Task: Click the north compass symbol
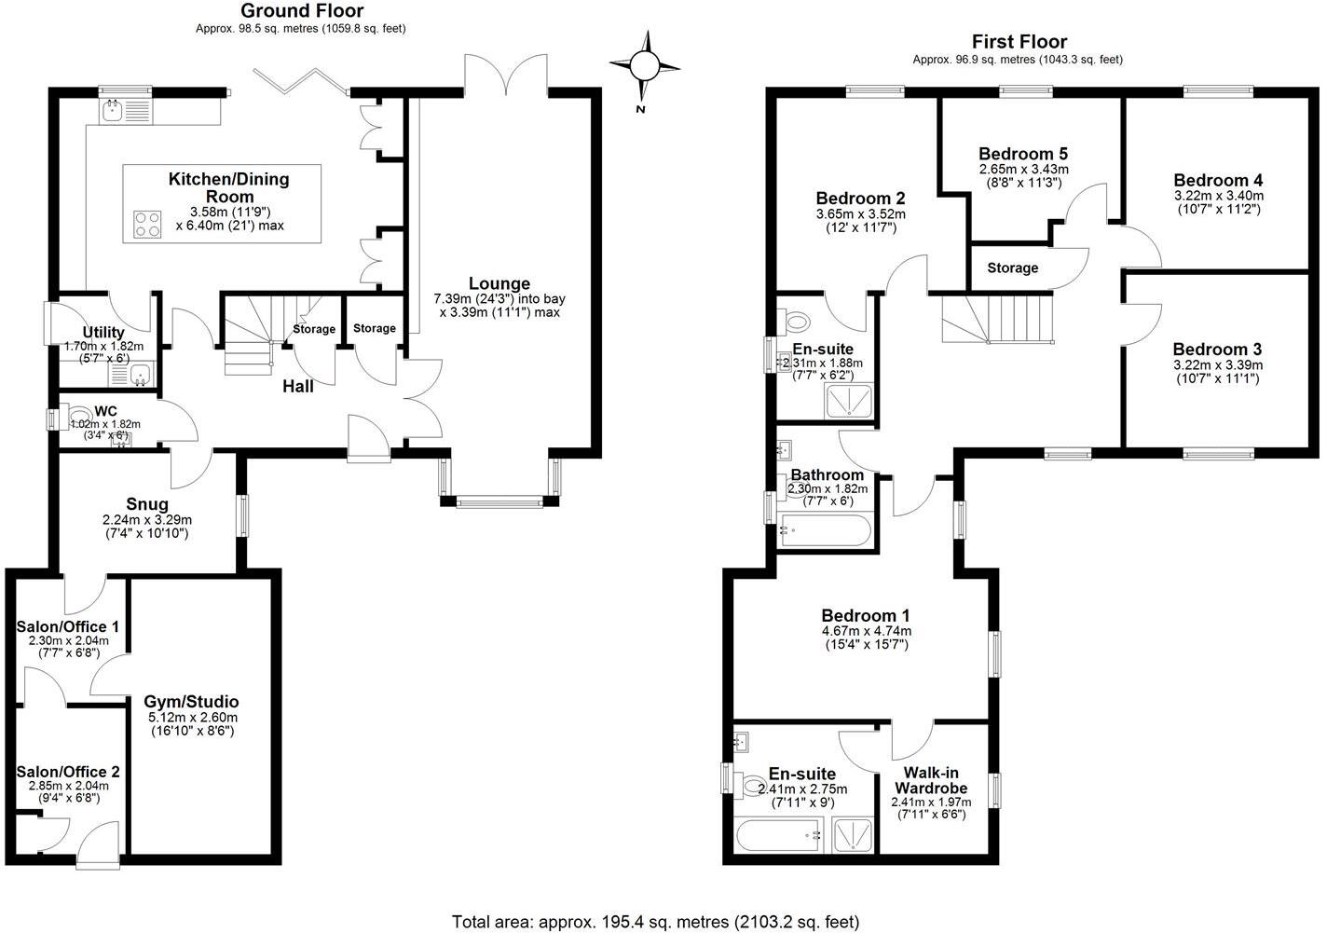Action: pyautogui.click(x=644, y=65)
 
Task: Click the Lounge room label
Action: pyautogui.click(x=499, y=283)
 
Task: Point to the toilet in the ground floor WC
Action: pyautogui.click(x=78, y=414)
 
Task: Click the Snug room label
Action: pyautogui.click(x=147, y=504)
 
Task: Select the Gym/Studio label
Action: pyautogui.click(x=191, y=702)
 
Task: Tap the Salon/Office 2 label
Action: pyautogui.click(x=68, y=772)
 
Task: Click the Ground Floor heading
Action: pyautogui.click(x=301, y=11)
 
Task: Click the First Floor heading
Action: pyautogui.click(x=1019, y=41)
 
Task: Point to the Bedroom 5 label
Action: pyautogui.click(x=1023, y=154)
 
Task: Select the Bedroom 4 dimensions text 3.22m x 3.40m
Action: pyautogui.click(x=1218, y=196)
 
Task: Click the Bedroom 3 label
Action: pyautogui.click(x=1218, y=349)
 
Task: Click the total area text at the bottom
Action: pyautogui.click(x=655, y=922)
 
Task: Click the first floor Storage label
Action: pyautogui.click(x=1012, y=268)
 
